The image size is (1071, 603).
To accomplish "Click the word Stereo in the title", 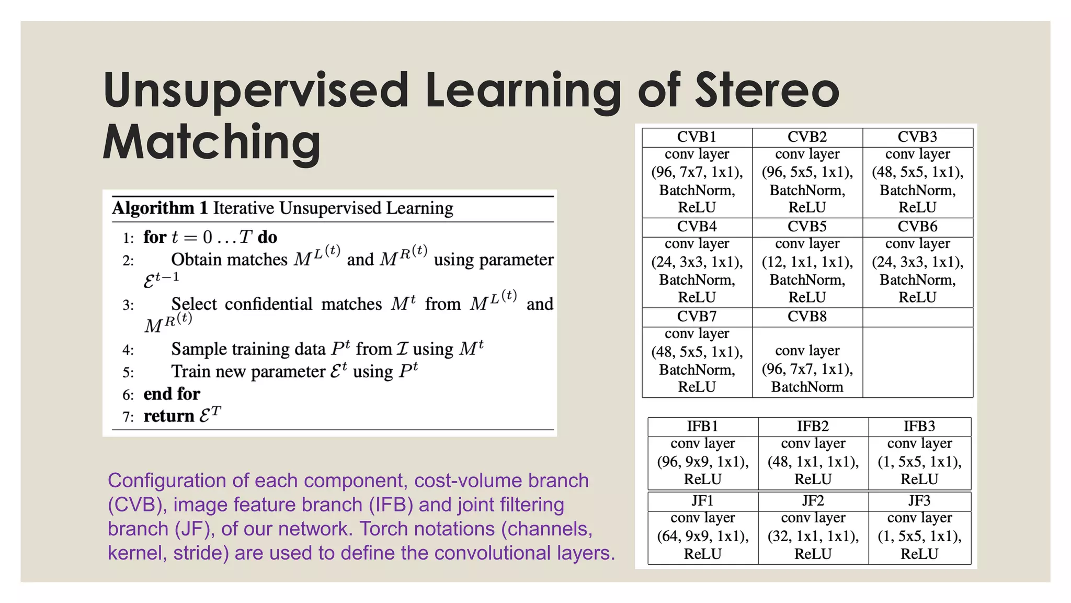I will point(767,90).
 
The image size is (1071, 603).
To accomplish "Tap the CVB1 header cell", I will point(697,137).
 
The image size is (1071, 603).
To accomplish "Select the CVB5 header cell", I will point(807,227).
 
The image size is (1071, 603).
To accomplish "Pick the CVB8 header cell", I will point(807,317).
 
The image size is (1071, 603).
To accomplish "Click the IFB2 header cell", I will point(813,426).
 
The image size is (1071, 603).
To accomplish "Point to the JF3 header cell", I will point(919,501).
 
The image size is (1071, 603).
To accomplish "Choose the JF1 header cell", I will point(702,501).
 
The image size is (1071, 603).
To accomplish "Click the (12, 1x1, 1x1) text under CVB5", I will point(807,262).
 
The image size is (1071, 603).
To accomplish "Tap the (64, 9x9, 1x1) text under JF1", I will point(702,536).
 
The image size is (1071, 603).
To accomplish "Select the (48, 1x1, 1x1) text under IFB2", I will point(813,462).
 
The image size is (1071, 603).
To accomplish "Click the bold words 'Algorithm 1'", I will point(160,208).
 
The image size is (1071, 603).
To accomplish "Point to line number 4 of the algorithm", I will point(128,350).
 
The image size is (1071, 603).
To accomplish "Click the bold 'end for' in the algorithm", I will point(172,394).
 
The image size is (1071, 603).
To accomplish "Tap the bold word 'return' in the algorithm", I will point(168,416).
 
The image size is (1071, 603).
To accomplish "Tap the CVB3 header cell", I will point(917,137).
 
